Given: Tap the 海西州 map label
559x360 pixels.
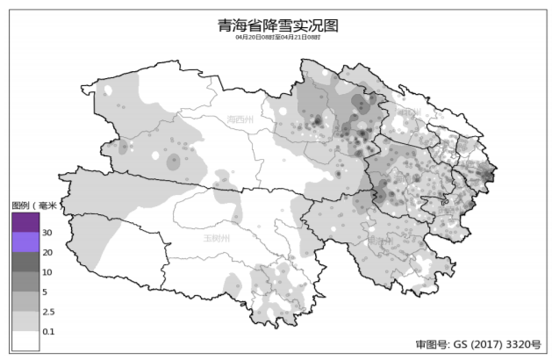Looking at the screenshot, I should [239, 119].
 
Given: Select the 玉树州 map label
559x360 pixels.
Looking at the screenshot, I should [216, 238].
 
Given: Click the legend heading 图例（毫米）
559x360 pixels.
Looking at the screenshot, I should [34, 205].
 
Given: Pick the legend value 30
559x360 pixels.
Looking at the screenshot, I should [47, 233].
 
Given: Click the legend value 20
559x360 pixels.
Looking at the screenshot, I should [47, 253].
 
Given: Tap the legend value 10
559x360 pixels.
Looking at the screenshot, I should [47, 272].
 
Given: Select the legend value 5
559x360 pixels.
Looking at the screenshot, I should [46, 292].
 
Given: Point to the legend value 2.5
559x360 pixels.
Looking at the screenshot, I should [48, 312].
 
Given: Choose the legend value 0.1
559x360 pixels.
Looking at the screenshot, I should [48, 332].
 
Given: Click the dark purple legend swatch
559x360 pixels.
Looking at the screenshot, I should [25, 222].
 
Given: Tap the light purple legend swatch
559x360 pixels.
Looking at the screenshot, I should [25, 242].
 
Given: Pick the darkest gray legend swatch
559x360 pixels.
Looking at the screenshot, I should [25, 263].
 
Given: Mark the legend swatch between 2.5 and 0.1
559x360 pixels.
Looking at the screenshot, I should [25, 321].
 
